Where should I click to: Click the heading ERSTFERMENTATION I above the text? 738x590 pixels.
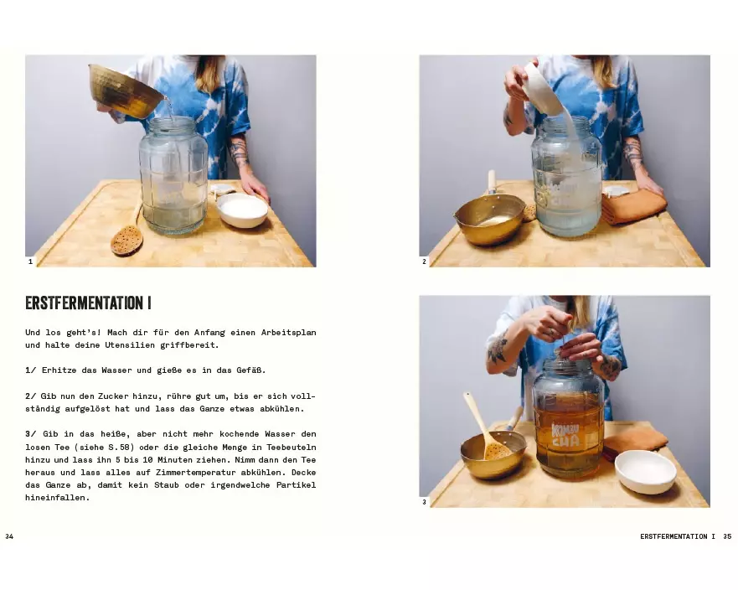(88, 303)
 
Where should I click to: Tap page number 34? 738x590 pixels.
(9, 536)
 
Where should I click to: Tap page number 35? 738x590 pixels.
(727, 536)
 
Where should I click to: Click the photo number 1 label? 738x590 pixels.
(31, 261)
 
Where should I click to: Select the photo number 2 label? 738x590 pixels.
(424, 261)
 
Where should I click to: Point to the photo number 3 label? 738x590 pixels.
(424, 502)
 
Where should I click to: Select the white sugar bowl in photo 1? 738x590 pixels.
(242, 210)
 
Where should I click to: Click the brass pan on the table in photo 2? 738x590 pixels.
(489, 219)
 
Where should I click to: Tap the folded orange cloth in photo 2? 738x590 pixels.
(634, 206)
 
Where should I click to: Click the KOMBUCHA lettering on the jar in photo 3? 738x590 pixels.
(565, 436)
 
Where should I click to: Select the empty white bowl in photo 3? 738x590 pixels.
(646, 472)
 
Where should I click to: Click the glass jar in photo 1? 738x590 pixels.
(173, 176)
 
